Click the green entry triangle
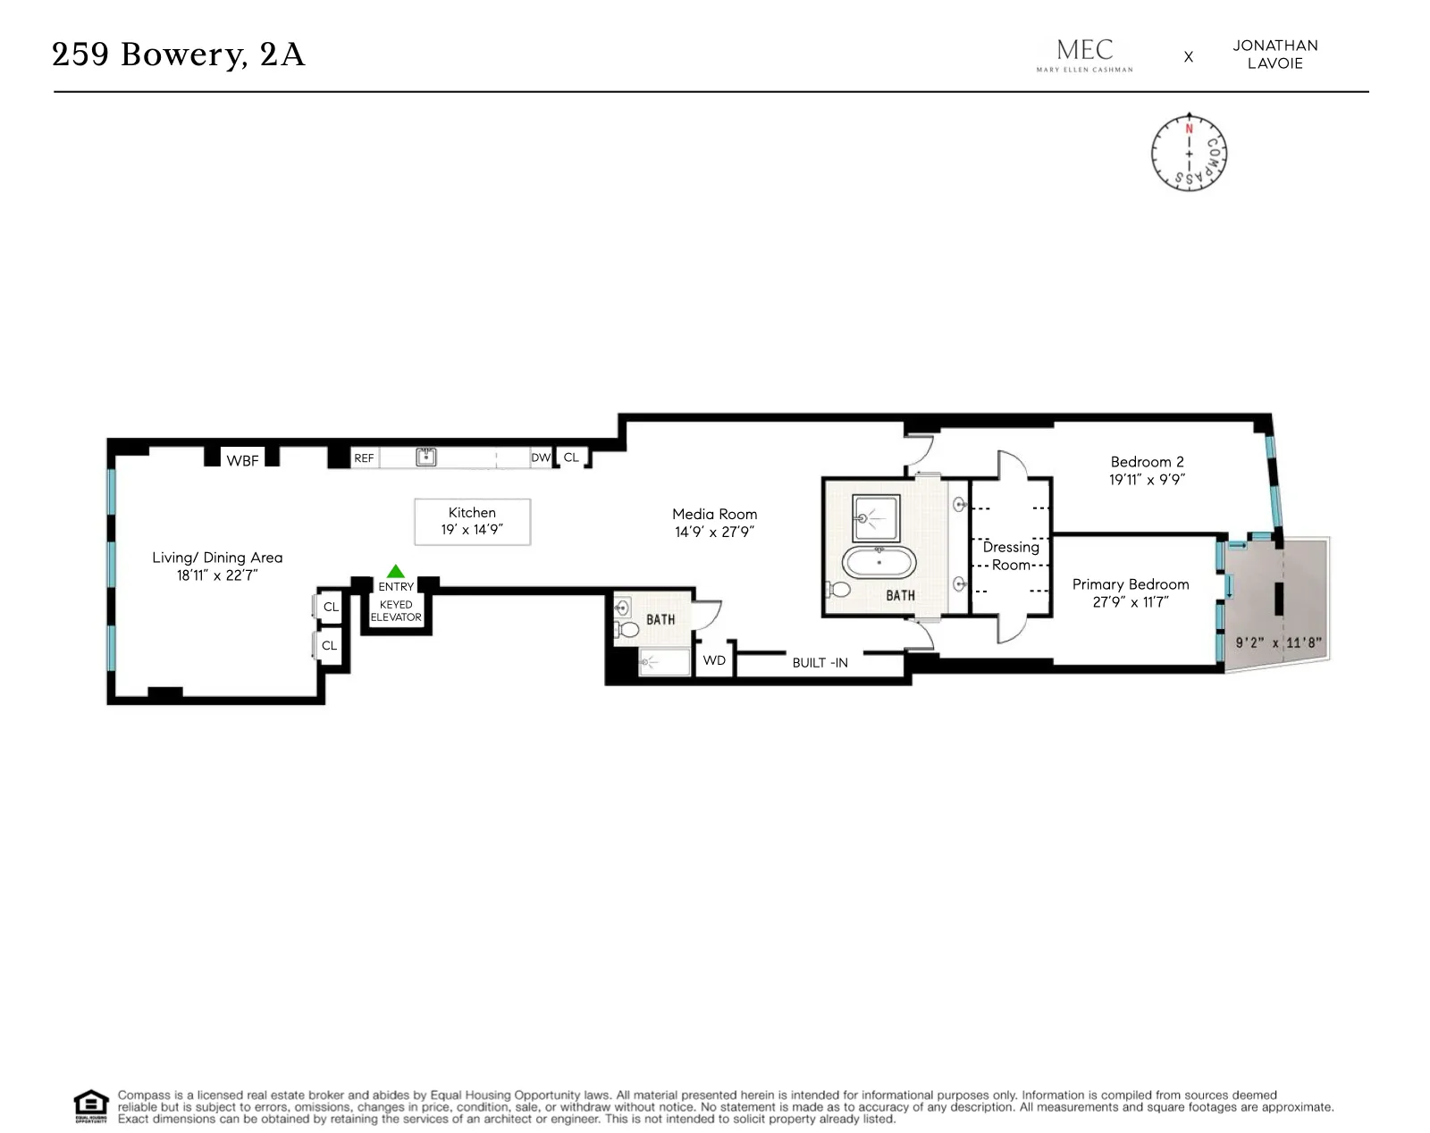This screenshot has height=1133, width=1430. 396,572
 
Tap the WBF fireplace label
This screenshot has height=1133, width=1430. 242,461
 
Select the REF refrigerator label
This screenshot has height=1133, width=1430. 364,458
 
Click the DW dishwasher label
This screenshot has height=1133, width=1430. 541,457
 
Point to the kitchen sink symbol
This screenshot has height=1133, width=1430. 426,457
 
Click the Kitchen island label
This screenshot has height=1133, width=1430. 472,521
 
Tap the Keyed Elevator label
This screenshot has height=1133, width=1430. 396,611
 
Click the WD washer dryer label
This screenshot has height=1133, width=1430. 714,661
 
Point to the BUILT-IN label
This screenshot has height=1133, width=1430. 820,663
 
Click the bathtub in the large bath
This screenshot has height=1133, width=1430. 879,563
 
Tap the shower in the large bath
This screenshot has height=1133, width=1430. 876,518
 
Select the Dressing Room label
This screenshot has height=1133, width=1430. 1011,556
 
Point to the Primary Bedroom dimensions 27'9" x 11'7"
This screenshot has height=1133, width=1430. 1131,602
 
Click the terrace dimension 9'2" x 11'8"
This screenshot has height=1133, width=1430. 1278,642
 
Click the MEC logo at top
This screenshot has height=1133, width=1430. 1084,55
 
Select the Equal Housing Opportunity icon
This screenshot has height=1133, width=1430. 90,1106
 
